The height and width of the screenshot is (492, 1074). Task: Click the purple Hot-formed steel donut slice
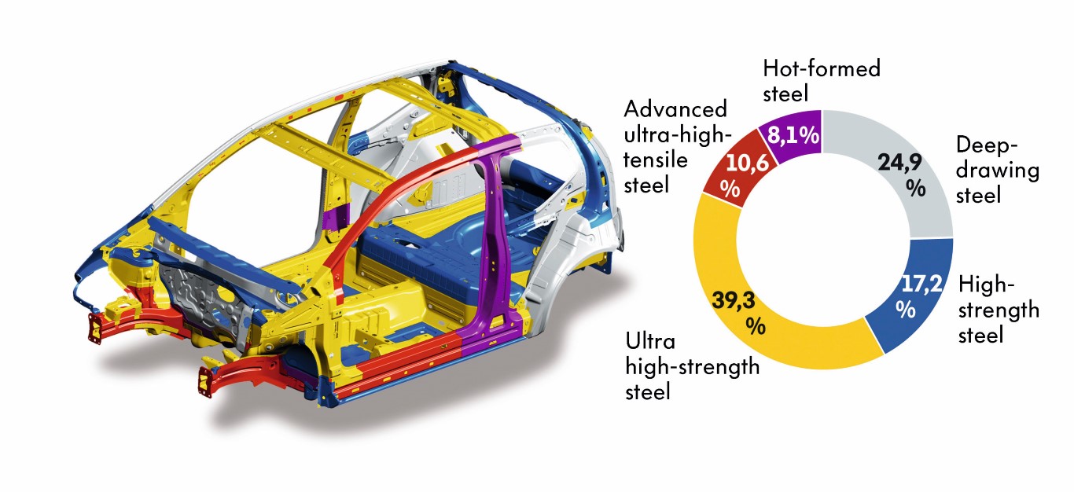pos(793,136)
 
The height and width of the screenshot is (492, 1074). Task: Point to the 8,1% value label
pos(793,134)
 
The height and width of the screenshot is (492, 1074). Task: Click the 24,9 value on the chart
pos(899,163)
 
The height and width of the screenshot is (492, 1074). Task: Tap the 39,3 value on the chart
pos(734,300)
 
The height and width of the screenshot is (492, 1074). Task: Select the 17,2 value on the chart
pos(921,284)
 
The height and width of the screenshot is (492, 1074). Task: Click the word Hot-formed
pos(822,68)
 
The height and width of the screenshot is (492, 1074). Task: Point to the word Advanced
pos(675,109)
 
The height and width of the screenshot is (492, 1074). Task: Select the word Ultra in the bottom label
pos(650,342)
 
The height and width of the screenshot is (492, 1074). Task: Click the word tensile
pos(656,160)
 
